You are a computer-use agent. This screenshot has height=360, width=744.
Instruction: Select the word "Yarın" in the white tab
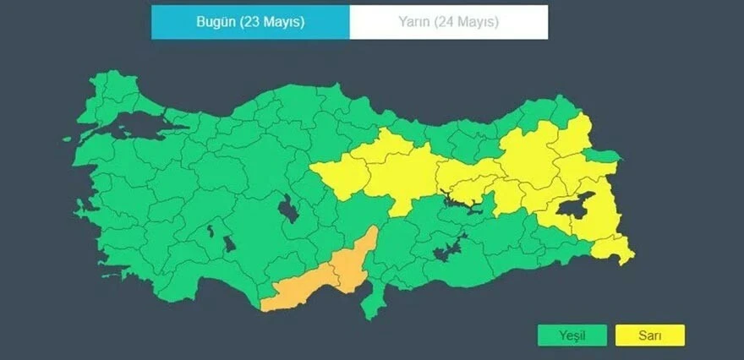[414, 22]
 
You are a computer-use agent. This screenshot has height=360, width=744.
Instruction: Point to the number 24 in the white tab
[447, 22]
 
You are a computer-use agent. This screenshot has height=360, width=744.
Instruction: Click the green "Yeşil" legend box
[572, 335]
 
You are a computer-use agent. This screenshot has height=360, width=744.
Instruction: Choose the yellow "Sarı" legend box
[649, 335]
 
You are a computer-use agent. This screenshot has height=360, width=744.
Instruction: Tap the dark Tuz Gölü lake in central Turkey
[288, 208]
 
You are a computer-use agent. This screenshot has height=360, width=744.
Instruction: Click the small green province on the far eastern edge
[606, 157]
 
